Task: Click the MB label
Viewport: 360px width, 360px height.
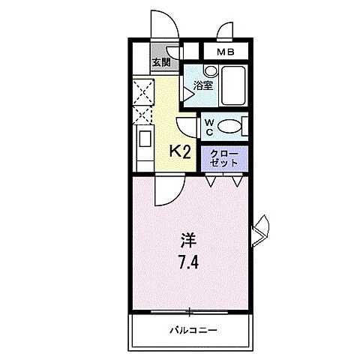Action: [224, 52]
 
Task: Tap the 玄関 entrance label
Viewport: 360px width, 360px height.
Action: [160, 62]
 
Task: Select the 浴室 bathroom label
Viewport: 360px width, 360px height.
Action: [204, 85]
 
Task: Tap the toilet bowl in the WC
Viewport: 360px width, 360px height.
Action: [233, 125]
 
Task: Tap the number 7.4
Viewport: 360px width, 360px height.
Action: [187, 262]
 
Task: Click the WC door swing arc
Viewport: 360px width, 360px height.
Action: [187, 125]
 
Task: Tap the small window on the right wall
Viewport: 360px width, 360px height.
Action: [262, 228]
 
